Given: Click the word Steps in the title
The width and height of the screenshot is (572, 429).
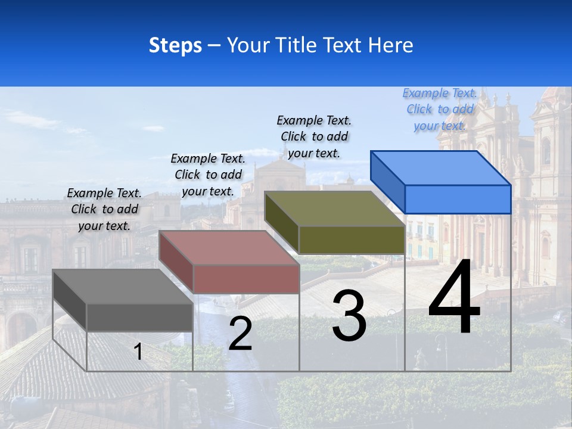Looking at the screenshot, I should [175, 45].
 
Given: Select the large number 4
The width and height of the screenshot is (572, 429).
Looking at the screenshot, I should [454, 297].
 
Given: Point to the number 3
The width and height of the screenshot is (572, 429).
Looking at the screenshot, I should [349, 316].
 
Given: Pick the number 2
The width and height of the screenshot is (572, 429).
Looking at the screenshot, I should [240, 334].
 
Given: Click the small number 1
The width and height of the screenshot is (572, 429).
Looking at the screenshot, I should [138, 352].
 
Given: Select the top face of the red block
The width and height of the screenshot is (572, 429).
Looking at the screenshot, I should [229, 248].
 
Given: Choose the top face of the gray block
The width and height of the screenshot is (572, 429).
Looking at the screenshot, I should [123, 287].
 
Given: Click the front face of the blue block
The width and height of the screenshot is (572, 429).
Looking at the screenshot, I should [458, 199].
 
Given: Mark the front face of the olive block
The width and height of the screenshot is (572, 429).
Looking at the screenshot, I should [352, 240].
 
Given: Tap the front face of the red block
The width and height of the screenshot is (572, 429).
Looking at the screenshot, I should [245, 279].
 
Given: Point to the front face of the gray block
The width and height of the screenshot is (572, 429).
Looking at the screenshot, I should [139, 317].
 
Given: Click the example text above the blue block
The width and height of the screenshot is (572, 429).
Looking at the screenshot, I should [440, 110].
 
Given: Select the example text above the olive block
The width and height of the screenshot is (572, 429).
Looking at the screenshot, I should [314, 137].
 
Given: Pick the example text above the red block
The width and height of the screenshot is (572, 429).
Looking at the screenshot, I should [208, 175].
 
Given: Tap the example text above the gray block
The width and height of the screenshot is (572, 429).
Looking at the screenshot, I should [104, 209].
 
